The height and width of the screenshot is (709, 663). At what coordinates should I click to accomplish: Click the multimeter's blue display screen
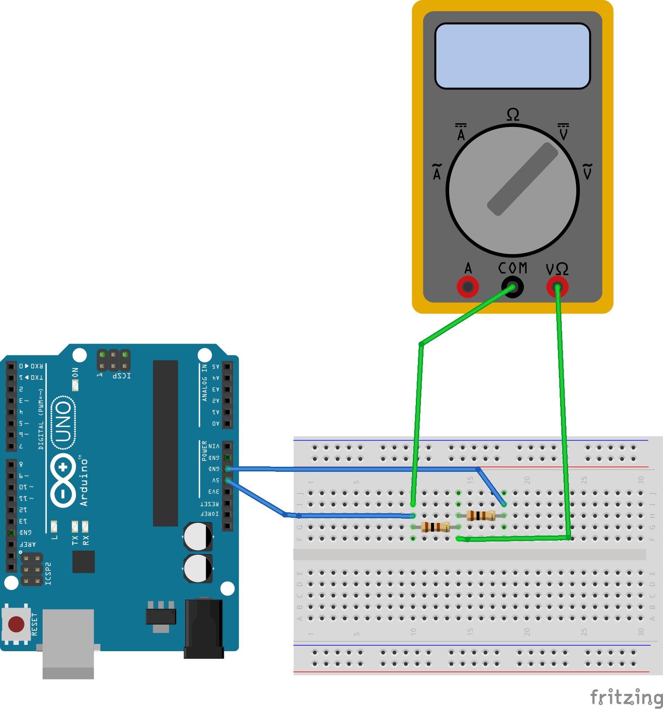coord(512,56)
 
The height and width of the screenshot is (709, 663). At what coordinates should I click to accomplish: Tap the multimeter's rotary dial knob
coord(512,191)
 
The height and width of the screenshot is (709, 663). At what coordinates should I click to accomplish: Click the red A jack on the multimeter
coord(468,287)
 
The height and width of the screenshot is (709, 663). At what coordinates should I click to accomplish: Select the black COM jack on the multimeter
coord(512,287)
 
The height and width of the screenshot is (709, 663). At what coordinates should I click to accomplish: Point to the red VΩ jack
coord(557,287)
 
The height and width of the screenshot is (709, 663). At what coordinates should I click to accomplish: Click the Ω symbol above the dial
coord(513,115)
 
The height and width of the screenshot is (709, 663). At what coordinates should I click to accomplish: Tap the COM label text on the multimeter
coord(512,268)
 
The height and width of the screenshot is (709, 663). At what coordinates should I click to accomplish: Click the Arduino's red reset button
coord(16,624)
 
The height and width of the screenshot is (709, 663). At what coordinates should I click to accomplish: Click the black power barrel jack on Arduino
coord(204,629)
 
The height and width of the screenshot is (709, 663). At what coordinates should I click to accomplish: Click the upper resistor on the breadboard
coord(481,515)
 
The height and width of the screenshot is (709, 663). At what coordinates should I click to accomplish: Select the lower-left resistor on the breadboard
coord(435,527)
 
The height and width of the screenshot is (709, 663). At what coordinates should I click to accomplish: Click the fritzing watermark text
coord(626,697)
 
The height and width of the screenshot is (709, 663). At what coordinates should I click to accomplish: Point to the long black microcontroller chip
coord(165,443)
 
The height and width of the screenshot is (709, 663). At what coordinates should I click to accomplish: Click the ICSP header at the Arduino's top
coord(113,360)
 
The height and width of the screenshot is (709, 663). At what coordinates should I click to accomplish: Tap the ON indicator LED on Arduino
coord(75,385)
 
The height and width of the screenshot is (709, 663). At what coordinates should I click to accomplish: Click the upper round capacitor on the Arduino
coord(198,536)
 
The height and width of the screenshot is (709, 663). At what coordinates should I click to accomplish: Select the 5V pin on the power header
coord(227,480)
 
